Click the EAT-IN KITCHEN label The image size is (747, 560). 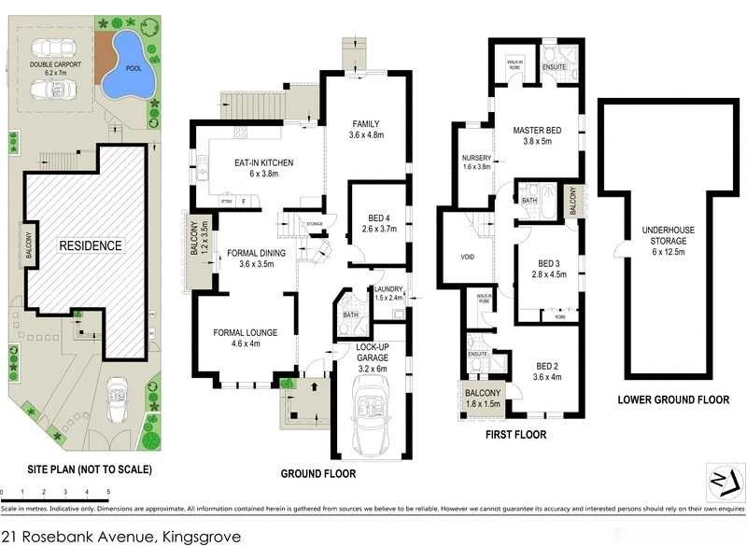pos(263,163)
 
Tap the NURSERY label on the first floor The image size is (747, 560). pos(476,158)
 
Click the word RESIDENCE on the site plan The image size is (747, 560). pos(91,245)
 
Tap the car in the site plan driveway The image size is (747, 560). pos(119,397)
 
